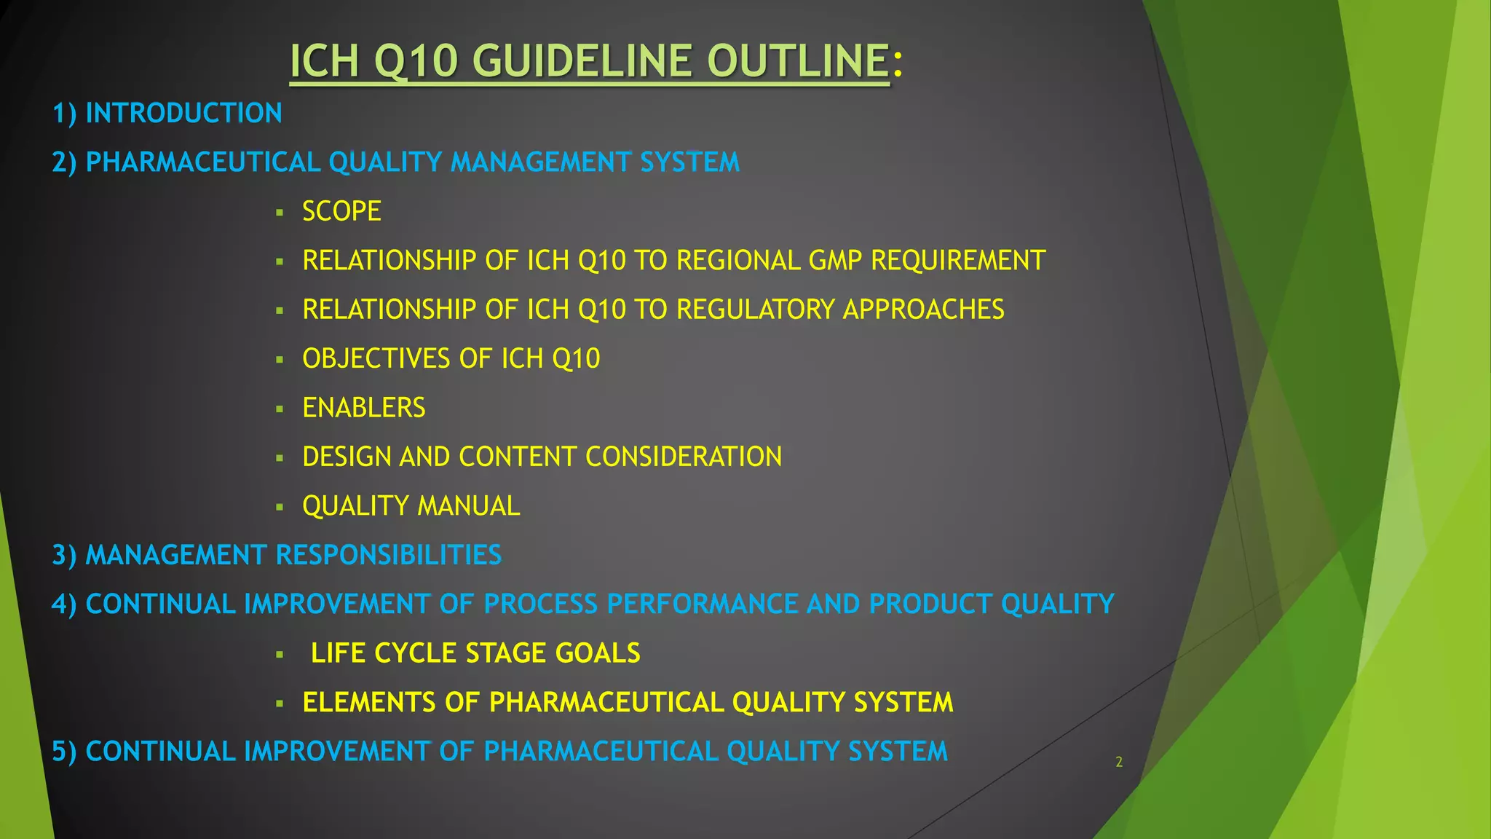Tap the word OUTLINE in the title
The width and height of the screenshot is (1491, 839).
[798, 60]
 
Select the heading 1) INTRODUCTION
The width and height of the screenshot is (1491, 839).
[167, 114]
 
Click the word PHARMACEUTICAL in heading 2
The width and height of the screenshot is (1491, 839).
[203, 162]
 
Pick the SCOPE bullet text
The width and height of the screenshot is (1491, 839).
[341, 212]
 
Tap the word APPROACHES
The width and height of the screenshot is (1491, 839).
[923, 310]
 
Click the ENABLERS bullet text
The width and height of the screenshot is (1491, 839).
[363, 408]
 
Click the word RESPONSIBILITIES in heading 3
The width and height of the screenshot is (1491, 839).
[389, 556]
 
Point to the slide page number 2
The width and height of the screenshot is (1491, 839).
[1119, 763]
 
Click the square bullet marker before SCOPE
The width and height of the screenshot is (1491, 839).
[280, 213]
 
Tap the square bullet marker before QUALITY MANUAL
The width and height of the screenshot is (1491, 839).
[280, 508]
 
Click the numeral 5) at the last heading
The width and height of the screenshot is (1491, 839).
[64, 752]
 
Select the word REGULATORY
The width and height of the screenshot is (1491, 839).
[756, 310]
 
